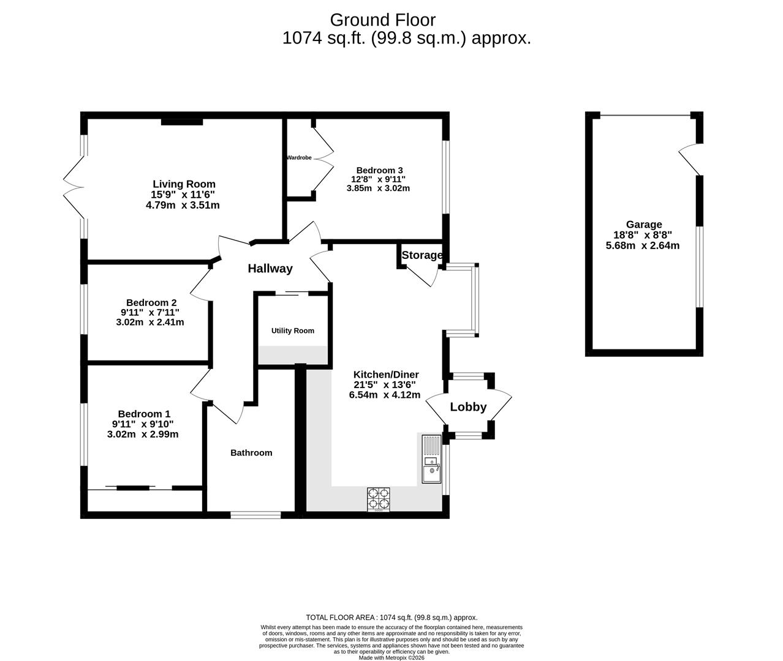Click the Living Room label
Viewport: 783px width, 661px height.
tap(184, 184)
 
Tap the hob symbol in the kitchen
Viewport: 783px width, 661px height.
tap(378, 499)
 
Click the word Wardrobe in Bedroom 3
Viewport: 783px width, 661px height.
tap(299, 158)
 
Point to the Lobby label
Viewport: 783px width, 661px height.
tap(468, 407)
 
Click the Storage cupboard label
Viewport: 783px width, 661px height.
tap(422, 255)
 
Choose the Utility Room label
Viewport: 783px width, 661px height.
tap(293, 331)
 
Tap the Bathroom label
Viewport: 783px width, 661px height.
tap(251, 453)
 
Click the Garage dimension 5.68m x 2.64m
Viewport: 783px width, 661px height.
tap(643, 246)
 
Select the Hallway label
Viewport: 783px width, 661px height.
tap(270, 269)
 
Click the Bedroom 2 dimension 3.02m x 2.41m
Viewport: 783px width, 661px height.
tap(150, 322)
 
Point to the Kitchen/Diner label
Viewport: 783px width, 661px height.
tap(386, 375)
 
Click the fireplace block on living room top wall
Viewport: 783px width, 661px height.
tap(182, 122)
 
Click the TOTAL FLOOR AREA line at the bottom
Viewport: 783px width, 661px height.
tap(391, 618)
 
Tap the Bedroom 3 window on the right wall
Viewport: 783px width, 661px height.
tap(446, 177)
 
